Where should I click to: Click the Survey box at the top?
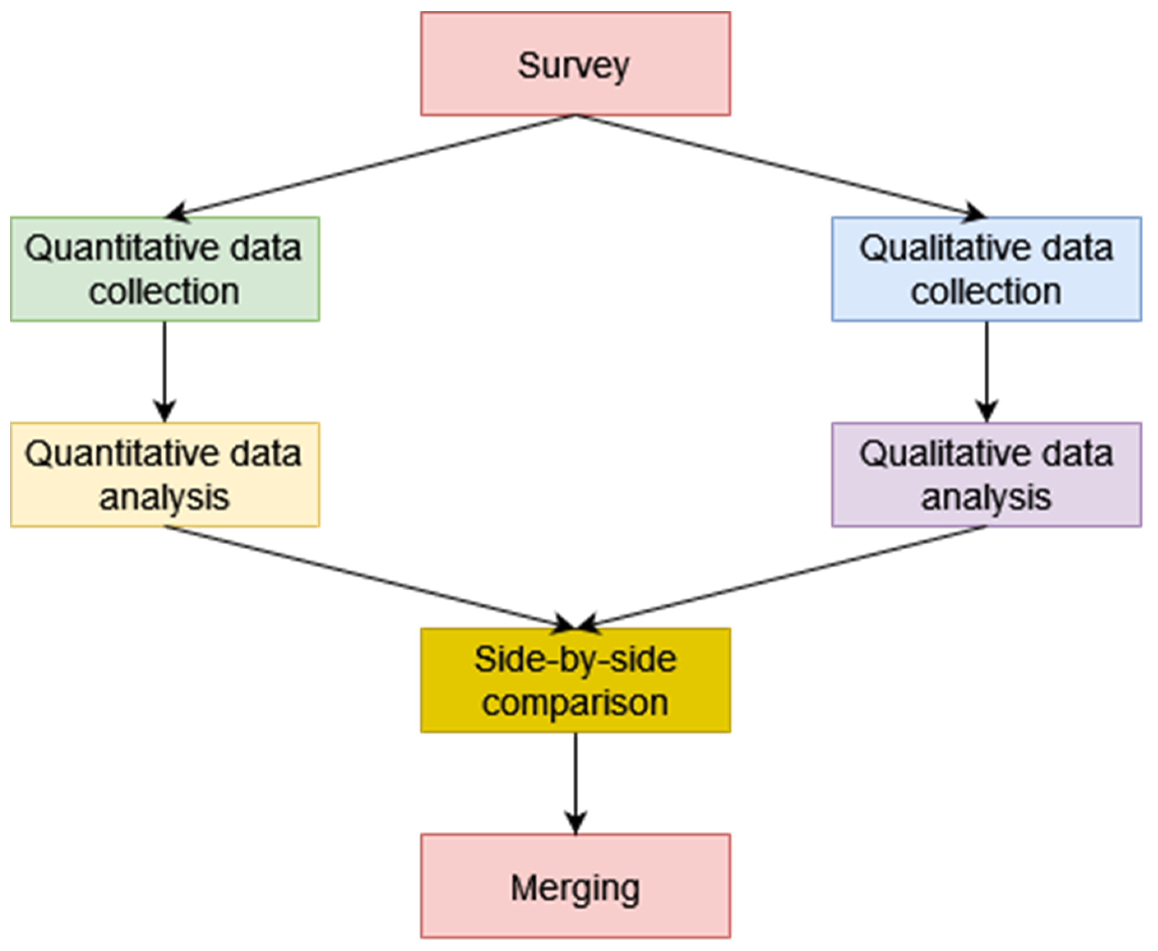575,64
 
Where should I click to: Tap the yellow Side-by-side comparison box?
575,680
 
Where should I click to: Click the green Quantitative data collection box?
165,269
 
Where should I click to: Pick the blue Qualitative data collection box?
987,269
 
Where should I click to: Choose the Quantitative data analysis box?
165,475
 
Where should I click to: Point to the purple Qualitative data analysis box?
987,475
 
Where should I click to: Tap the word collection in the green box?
164,292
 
